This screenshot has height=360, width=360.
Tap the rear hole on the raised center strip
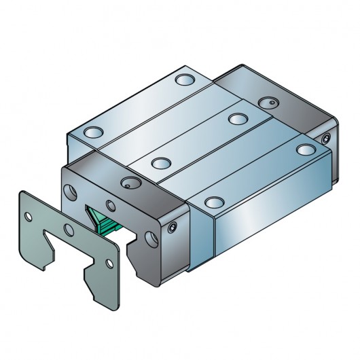pos(237,119)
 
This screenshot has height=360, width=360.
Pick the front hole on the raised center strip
pos(160,163)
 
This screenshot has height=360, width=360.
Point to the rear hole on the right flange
pos(303,149)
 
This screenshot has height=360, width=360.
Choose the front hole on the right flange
pos(214,201)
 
